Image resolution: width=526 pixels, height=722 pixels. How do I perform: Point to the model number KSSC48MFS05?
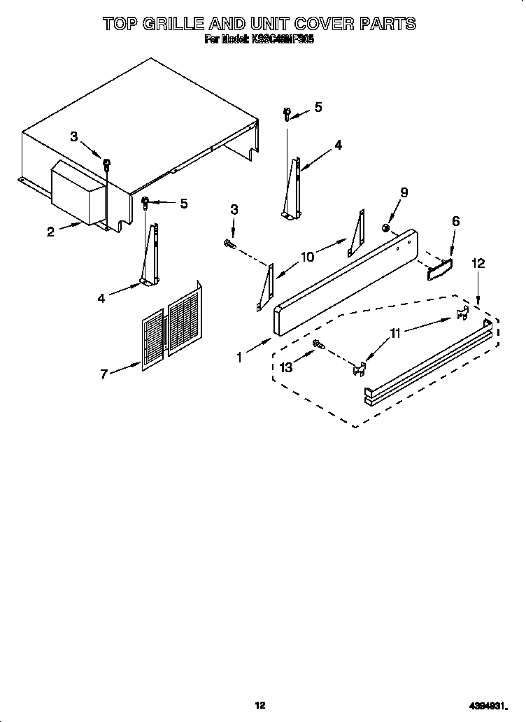280,40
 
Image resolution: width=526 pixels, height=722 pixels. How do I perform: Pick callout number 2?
50,233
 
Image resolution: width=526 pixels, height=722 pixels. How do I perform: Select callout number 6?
455,221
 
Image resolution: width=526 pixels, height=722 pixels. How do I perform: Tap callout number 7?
104,374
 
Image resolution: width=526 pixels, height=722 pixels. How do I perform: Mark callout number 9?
404,192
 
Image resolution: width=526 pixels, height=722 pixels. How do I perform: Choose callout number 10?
307,257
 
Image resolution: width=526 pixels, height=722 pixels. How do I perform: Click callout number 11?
397,334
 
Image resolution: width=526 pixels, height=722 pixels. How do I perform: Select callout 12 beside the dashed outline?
478,264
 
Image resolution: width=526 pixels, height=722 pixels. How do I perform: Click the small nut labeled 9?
386,227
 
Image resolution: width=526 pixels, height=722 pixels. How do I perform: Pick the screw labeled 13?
318,344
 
